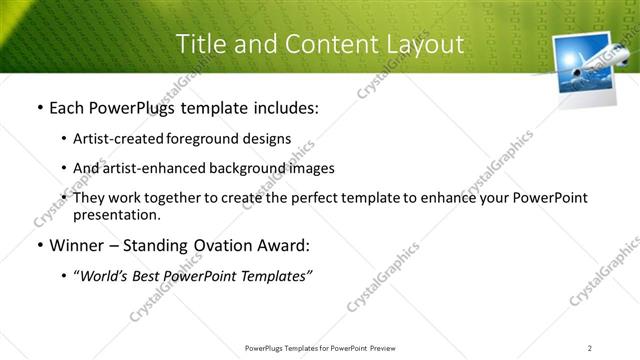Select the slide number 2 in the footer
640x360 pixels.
(x=590, y=347)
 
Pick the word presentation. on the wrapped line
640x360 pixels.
(x=117, y=215)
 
